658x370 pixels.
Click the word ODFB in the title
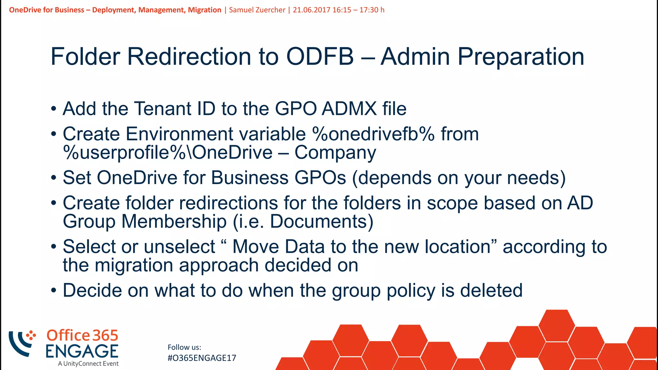320,57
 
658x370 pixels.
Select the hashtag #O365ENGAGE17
202,358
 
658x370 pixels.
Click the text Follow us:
184,347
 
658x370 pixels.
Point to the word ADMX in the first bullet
349,109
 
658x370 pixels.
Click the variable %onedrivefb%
373,134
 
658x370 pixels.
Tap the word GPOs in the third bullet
320,178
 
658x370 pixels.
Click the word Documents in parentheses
318,222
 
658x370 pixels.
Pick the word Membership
174,222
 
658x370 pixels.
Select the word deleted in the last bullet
491,290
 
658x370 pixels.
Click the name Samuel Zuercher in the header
257,10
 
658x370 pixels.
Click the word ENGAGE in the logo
82,351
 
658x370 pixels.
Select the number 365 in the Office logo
105,336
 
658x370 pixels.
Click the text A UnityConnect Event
88,364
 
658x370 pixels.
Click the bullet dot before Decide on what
54,291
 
